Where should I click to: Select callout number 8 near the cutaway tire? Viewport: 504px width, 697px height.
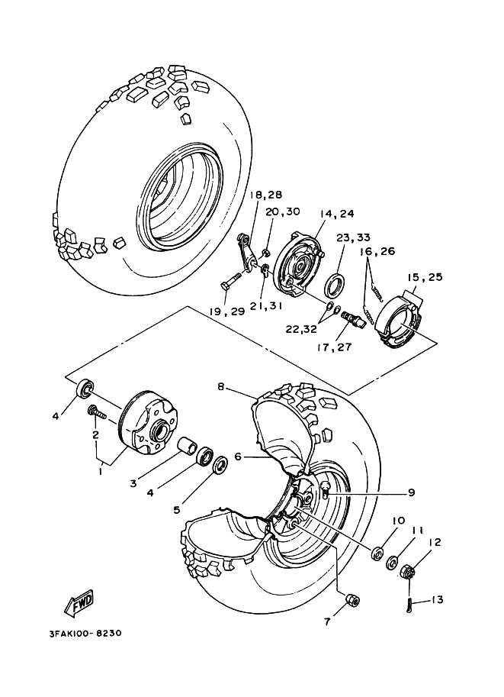point(220,388)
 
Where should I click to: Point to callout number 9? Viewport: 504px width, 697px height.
point(410,492)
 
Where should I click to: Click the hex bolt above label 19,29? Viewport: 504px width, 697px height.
point(232,282)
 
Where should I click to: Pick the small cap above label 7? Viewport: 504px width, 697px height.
point(352,600)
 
